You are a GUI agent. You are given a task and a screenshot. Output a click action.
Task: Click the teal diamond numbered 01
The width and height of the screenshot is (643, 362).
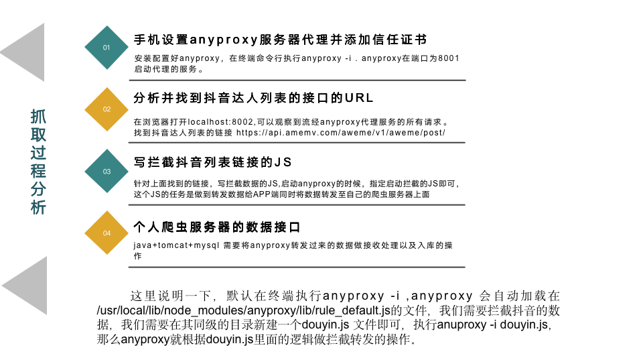tap(106, 48)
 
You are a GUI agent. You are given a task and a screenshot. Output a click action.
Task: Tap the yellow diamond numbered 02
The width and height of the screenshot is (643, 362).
tap(106, 109)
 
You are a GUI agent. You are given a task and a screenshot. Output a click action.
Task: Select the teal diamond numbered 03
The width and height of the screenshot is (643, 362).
tap(106, 171)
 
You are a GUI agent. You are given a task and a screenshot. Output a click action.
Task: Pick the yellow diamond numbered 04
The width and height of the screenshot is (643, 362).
tap(106, 233)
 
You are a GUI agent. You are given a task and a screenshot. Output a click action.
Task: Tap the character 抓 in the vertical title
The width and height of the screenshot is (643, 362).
tap(39, 117)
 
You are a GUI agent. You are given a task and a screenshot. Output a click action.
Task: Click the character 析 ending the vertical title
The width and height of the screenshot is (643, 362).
tap(39, 207)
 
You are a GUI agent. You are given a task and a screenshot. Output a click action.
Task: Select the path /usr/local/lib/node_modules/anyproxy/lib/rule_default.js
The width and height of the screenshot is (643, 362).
tap(244, 310)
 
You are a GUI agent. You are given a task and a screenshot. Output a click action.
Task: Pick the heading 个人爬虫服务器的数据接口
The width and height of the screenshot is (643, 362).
tap(216, 227)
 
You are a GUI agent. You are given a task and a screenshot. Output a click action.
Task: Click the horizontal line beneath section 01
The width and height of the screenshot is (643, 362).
tap(298, 80)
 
